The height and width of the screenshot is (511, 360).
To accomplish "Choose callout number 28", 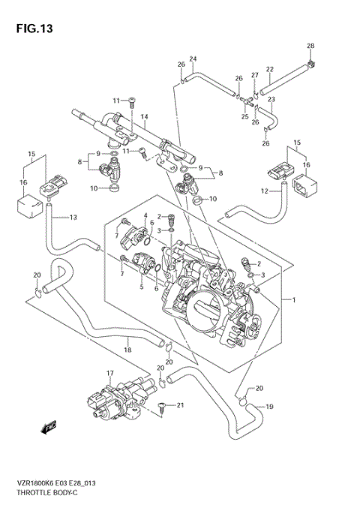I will pyautogui.click(x=310, y=47).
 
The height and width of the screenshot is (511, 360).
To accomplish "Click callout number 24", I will pyautogui.click(x=193, y=59).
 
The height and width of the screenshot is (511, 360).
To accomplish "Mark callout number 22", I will pyautogui.click(x=269, y=70).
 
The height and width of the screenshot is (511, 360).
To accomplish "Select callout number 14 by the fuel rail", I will pyautogui.click(x=145, y=116).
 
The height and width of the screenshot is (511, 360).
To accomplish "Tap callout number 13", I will pyautogui.click(x=73, y=218).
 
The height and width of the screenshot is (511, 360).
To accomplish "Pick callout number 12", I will pyautogui.click(x=264, y=191).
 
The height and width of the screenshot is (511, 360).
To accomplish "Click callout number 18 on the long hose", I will pyautogui.click(x=127, y=350).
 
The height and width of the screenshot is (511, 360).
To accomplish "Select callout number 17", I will pyautogui.click(x=109, y=372).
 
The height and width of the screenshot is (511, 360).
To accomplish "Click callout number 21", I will pyautogui.click(x=179, y=405).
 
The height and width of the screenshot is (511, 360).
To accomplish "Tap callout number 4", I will pyautogui.click(x=145, y=216).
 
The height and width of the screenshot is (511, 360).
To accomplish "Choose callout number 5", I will pyautogui.click(x=140, y=286).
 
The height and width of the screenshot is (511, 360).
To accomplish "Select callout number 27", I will pyautogui.click(x=255, y=75).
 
